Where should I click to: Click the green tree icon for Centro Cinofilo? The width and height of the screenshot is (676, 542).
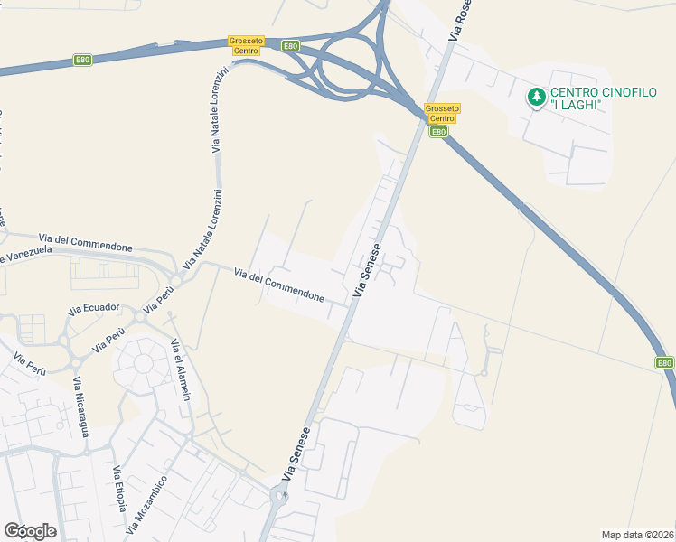pos(537,95)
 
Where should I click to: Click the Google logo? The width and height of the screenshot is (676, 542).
pos(30,531)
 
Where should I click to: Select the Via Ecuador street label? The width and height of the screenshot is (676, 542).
pos(92,308)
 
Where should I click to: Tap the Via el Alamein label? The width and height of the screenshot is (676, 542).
pos(180,369)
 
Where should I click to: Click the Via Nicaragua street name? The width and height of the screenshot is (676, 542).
pos(81,406)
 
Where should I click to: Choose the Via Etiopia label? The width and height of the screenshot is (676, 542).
pos(119,488)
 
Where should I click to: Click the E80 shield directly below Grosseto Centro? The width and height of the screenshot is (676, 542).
pos(438,132)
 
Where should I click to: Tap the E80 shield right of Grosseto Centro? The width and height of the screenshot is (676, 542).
pos(290,46)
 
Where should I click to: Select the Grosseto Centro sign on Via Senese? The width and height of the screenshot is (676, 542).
pos(442,114)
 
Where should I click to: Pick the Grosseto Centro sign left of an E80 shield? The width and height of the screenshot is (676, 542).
pos(245,46)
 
